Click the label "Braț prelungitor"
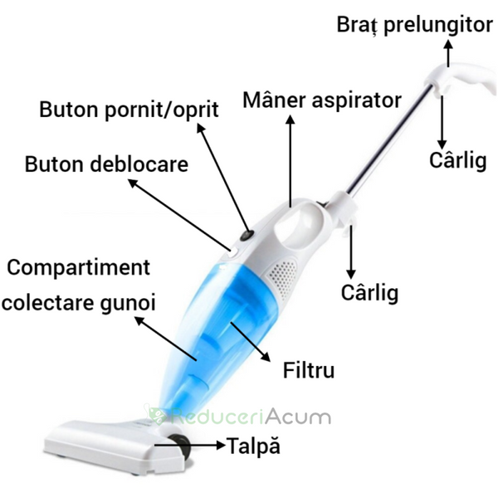[x=414, y=25]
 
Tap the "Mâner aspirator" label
[x=322, y=100]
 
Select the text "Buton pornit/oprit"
[x=129, y=110]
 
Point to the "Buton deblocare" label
[x=106, y=164]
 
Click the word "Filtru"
[x=309, y=370]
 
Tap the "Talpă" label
[x=253, y=446]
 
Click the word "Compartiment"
[x=79, y=268]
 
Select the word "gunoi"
[x=129, y=304]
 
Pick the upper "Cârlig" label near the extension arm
[x=458, y=161]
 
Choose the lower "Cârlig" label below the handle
[x=369, y=293]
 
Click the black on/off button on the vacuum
[x=247, y=236]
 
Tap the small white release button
[x=233, y=253]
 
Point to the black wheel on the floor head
[x=181, y=447]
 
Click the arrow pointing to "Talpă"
[x=190, y=445]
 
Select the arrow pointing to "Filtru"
[x=251, y=342]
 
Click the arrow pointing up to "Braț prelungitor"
[x=448, y=53]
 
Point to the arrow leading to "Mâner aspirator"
[x=290, y=161]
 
